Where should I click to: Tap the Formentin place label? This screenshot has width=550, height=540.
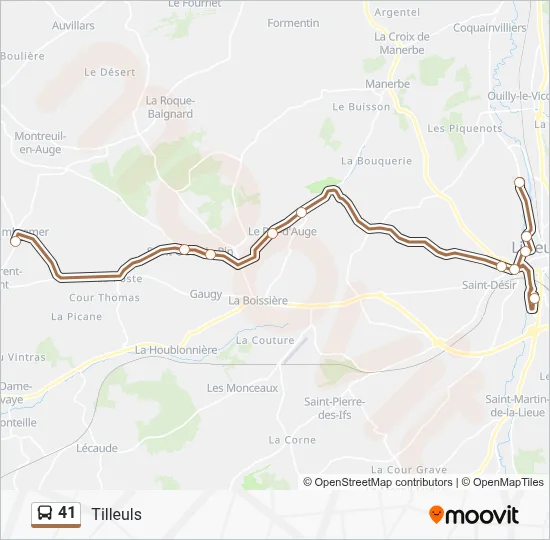click(293, 23)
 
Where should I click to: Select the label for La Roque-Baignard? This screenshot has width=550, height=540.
click(169, 107)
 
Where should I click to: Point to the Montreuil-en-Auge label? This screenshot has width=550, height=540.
click(39, 143)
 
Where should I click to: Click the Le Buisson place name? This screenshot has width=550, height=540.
click(361, 106)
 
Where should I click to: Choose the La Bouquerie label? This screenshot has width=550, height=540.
click(376, 160)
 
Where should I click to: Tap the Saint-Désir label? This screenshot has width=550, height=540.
click(489, 285)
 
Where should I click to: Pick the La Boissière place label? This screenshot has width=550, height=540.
click(258, 300)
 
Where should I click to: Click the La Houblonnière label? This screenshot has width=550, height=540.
click(176, 350)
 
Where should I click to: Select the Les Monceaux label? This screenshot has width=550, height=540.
click(242, 388)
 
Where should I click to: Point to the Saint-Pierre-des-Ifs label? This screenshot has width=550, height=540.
click(335, 408)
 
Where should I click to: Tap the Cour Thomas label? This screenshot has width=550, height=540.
click(104, 298)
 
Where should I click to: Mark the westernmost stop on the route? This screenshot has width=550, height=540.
click(15, 241)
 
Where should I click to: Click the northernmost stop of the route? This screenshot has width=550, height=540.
click(519, 182)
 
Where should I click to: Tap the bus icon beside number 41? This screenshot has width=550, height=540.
click(44, 513)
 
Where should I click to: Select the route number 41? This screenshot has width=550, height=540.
click(67, 513)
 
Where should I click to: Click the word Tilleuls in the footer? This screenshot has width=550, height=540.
click(116, 514)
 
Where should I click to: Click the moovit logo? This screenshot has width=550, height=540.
click(474, 515)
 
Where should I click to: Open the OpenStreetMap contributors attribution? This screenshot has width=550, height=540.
click(384, 482)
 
